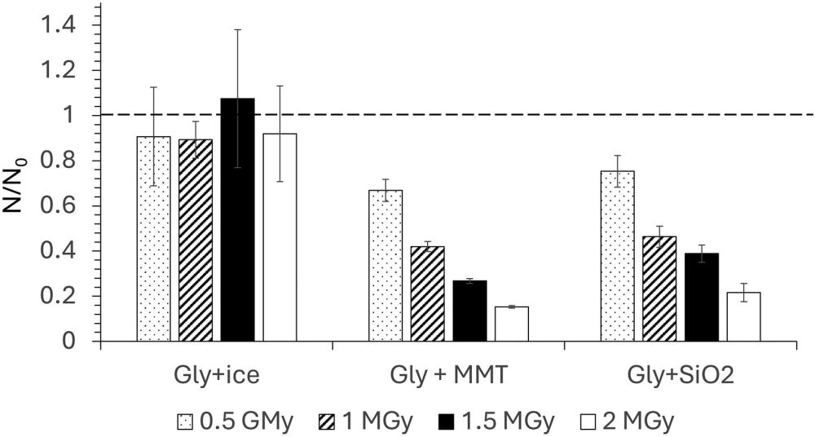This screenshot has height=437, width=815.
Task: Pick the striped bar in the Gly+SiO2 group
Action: coord(659,289)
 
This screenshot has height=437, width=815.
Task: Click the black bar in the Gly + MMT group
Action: coord(469,311)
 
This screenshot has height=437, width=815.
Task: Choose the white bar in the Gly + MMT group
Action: coord(512,324)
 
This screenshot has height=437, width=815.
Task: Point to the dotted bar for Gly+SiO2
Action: coord(617,256)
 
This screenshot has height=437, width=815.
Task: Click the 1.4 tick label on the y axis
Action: coord(59,25)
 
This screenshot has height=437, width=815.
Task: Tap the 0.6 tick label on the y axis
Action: coord(59,205)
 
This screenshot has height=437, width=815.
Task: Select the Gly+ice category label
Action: coord(215,377)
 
